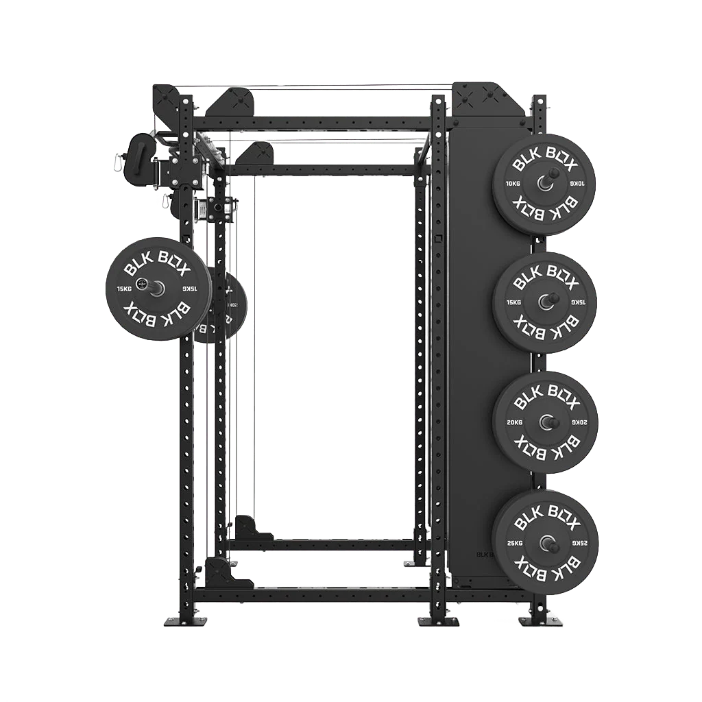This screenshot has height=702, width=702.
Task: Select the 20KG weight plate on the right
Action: (x=546, y=422)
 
